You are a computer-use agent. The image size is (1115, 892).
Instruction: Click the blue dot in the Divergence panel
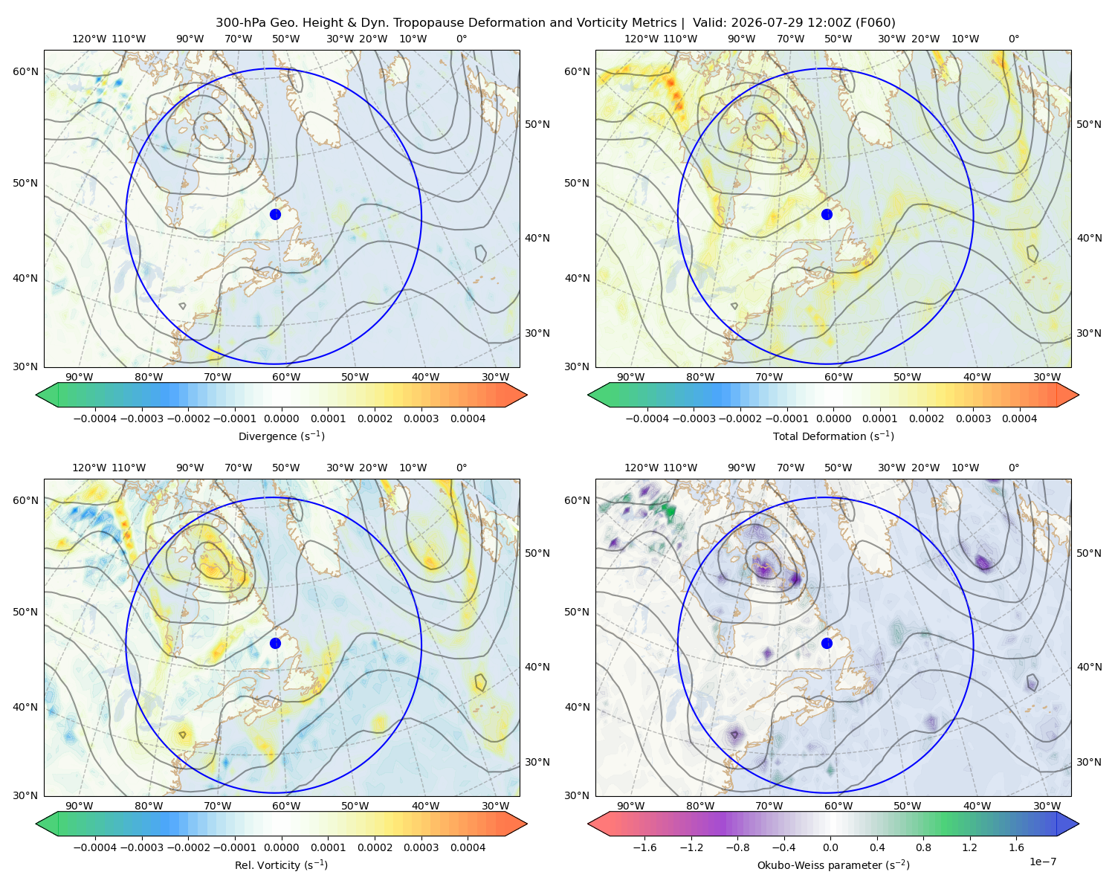[275, 214]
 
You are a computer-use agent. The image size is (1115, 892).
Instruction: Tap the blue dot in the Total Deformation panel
[827, 214]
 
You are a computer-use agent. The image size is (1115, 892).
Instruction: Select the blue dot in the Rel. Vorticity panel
[275, 643]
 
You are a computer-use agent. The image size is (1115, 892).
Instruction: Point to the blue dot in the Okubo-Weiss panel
[827, 643]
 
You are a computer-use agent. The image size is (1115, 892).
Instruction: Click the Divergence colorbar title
[281, 436]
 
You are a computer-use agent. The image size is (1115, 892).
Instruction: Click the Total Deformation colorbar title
[833, 436]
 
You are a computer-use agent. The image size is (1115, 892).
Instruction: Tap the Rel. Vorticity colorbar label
[281, 864]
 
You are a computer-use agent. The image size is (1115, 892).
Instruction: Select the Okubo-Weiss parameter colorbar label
[833, 864]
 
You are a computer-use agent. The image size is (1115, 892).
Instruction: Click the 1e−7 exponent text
[1042, 862]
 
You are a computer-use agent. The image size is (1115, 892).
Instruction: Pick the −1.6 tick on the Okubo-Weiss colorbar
[644, 847]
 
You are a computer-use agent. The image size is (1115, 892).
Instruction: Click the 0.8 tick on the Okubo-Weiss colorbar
[923, 847]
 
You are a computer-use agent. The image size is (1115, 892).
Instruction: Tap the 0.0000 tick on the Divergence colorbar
[281, 418]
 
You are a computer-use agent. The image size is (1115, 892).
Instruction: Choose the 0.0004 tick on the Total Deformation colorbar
[1019, 418]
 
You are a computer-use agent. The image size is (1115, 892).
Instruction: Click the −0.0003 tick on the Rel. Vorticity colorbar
[141, 847]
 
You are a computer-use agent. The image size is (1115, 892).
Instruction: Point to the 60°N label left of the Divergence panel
[25, 71]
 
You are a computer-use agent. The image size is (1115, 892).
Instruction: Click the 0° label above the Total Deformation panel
[1013, 39]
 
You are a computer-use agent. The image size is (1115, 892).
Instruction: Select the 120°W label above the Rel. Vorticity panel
[89, 468]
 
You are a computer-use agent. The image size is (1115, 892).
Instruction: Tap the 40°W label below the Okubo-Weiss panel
[977, 806]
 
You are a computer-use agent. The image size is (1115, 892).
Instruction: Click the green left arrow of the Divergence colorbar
[47, 395]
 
